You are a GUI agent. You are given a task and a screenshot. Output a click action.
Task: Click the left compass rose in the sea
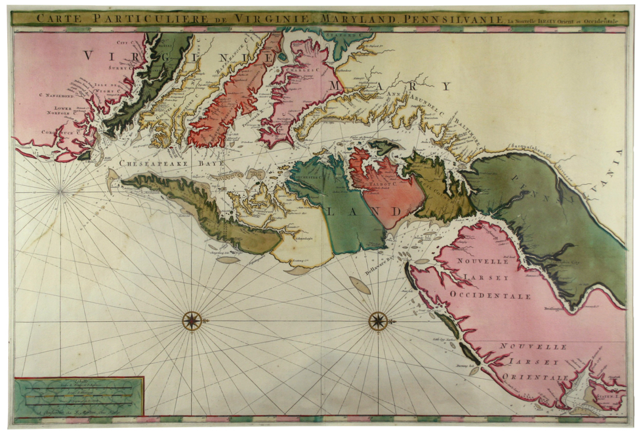191,320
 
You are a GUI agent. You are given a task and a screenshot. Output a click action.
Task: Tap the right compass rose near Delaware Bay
378,320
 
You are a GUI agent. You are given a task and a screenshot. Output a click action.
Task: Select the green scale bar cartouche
79,397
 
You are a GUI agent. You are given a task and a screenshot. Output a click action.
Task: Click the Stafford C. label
348,36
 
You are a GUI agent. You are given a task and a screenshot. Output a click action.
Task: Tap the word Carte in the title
57,18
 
